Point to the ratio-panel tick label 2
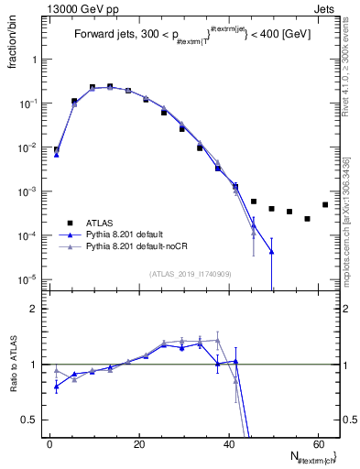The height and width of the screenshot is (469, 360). [34, 310]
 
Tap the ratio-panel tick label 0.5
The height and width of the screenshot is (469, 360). [30, 420]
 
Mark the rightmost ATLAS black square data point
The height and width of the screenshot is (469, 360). [325, 204]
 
